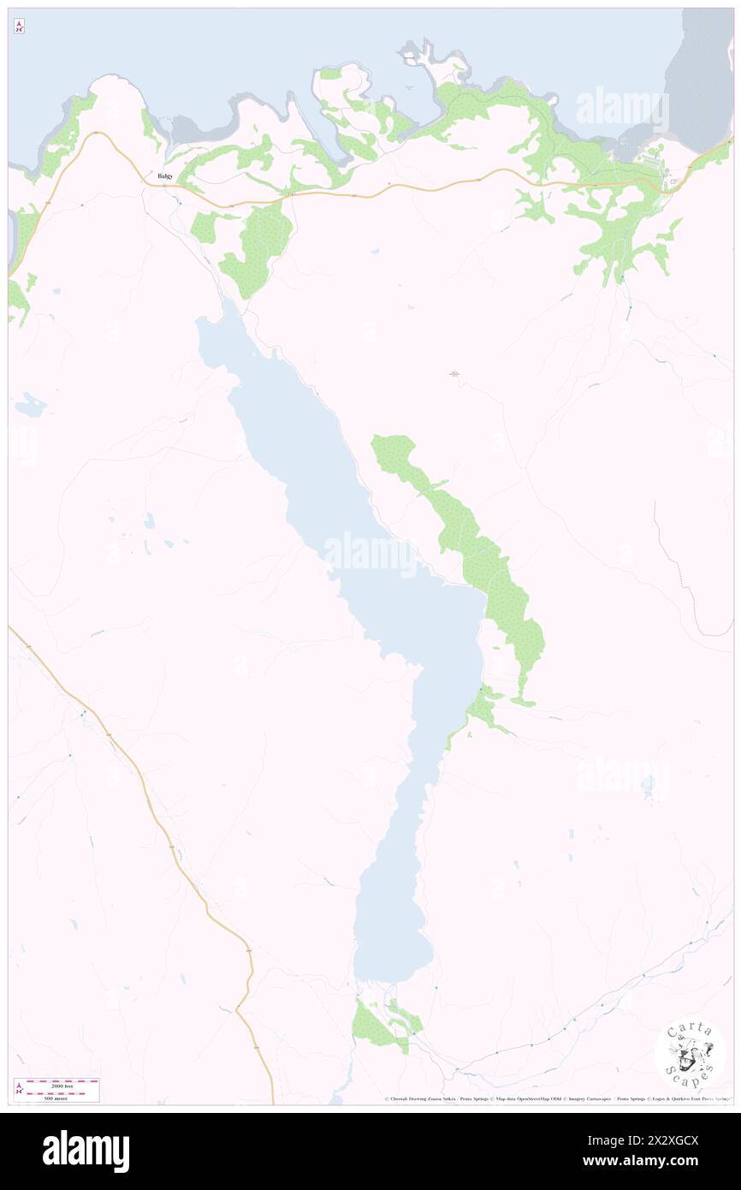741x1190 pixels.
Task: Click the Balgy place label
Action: pos(164,176)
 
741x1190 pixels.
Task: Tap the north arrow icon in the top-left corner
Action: pos(19,27)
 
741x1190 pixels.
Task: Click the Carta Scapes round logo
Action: pos(690,1052)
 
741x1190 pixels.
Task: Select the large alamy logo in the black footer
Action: pos(86,1151)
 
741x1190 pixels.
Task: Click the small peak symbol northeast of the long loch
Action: pos(454,373)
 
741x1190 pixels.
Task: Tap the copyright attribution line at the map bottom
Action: pos(556,1099)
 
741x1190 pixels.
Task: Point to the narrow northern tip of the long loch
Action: pos(205,325)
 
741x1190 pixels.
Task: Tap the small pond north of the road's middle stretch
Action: pos(375,252)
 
